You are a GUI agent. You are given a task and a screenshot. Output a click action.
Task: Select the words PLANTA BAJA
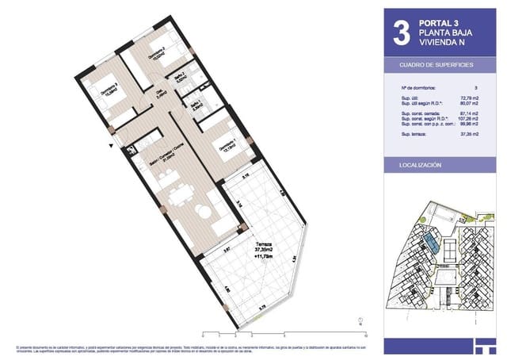446,33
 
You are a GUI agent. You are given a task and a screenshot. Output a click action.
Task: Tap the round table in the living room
204,213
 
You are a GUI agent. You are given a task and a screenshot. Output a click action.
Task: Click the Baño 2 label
181,77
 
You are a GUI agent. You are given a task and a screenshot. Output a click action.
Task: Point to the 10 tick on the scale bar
367,335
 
